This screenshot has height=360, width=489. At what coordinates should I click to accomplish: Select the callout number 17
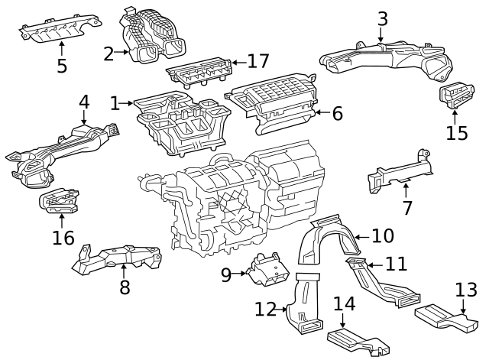tap(258, 61)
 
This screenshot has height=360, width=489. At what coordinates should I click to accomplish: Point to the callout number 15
tap(456, 132)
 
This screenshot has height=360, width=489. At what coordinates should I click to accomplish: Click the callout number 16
tap(63, 238)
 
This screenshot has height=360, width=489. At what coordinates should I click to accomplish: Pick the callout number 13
tap(465, 290)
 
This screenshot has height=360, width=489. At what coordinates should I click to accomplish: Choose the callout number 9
tap(225, 274)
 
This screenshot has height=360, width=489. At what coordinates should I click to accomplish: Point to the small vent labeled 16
tap(60, 203)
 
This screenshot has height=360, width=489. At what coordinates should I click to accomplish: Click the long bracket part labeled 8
tap(118, 258)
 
